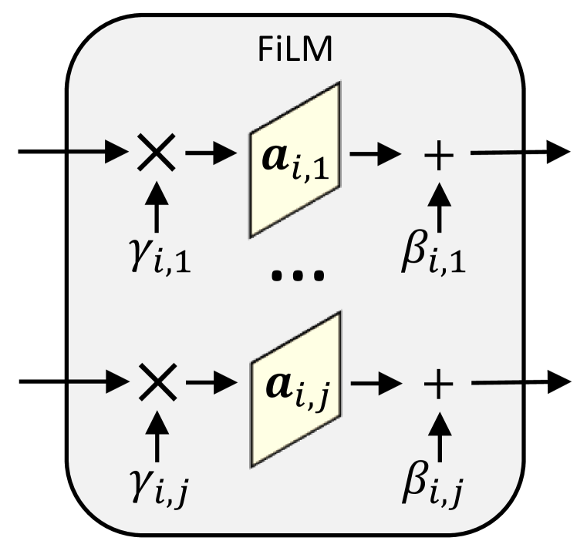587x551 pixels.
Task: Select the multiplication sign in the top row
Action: click(157, 153)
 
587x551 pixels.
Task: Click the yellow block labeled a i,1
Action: click(294, 160)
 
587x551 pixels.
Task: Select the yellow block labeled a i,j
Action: click(294, 389)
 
